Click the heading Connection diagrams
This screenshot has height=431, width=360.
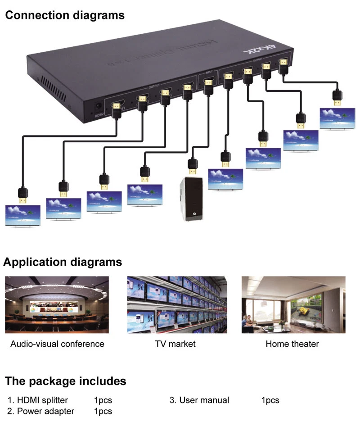[x=64, y=15]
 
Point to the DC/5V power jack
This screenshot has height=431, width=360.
[x=95, y=108]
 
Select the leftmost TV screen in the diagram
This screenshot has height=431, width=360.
[x=22, y=216]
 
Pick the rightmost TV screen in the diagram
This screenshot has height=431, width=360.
[x=337, y=118]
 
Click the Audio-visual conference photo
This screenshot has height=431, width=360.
[x=57, y=305]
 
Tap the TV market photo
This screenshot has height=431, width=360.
[x=177, y=305]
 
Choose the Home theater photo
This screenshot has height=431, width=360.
[x=293, y=305]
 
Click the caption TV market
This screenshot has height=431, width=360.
[x=175, y=344]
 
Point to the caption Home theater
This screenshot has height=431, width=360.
[x=292, y=344]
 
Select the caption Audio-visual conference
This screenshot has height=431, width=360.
[x=57, y=344]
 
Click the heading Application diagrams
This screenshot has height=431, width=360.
[x=63, y=262]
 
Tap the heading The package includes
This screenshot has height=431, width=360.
[x=65, y=381]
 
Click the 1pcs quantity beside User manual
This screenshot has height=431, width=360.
[x=270, y=400]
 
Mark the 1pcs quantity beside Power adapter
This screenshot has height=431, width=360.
[x=103, y=411]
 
